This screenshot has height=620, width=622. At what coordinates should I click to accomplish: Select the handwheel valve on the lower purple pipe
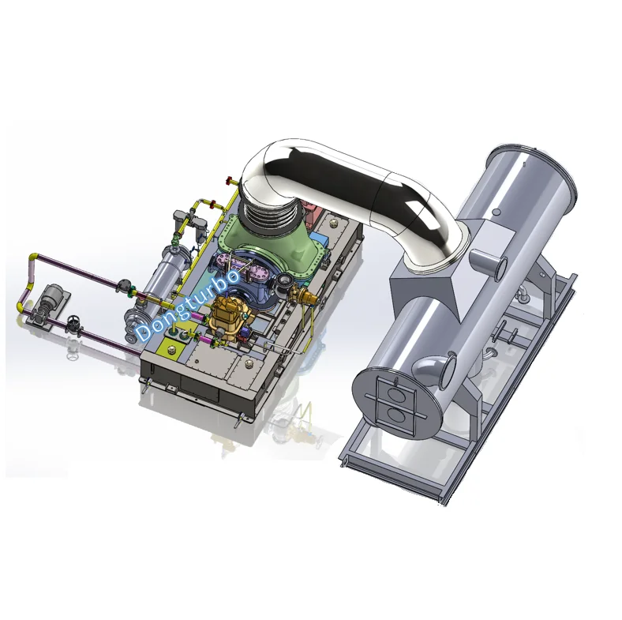73,323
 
